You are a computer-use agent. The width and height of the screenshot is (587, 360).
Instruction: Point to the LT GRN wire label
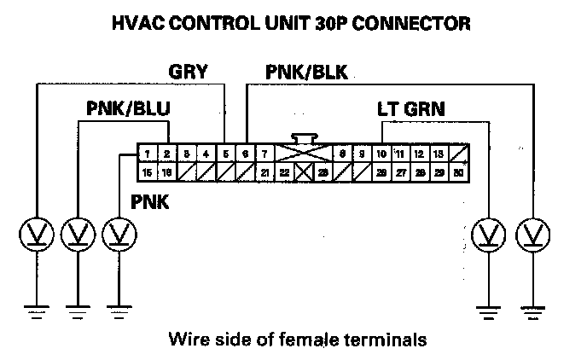click(x=411, y=109)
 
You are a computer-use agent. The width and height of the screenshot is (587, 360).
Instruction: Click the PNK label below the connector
click(x=150, y=202)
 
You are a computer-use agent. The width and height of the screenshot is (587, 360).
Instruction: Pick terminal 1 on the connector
click(x=148, y=154)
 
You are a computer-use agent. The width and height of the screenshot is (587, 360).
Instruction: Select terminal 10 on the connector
click(x=381, y=154)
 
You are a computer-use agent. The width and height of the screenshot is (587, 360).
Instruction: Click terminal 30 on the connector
click(x=459, y=171)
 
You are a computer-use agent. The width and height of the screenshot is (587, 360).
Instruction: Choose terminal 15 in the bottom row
click(x=148, y=171)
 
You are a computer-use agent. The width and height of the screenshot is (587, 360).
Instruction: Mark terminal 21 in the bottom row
click(x=265, y=171)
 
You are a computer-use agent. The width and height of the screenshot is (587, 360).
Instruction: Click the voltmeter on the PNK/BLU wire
click(x=78, y=233)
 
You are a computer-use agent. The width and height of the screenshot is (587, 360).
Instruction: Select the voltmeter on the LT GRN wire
click(x=488, y=233)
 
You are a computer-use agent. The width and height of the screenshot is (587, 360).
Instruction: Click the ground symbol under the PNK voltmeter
click(x=119, y=308)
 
